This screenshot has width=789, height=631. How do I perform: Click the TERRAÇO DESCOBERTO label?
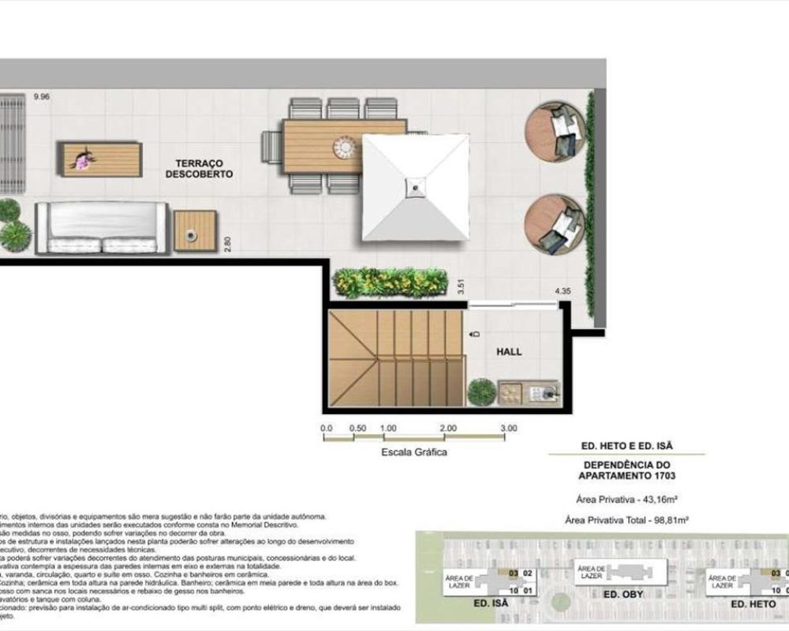(199, 168)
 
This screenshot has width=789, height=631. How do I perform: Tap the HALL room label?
(510, 352)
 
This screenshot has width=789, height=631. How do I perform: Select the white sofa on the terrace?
(103, 227)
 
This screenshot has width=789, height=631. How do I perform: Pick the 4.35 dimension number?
(563, 292)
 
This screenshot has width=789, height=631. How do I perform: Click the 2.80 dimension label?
(227, 244)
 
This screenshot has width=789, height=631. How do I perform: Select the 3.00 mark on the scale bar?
(508, 428)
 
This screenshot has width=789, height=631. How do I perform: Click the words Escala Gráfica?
(414, 453)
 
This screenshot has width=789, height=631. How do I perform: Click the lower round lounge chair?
(555, 224)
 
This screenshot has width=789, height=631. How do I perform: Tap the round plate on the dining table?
(346, 147)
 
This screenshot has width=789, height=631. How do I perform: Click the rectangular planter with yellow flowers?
(390, 282)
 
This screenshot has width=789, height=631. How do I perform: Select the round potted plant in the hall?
(481, 392)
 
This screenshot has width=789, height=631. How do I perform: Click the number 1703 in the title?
(659, 477)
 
